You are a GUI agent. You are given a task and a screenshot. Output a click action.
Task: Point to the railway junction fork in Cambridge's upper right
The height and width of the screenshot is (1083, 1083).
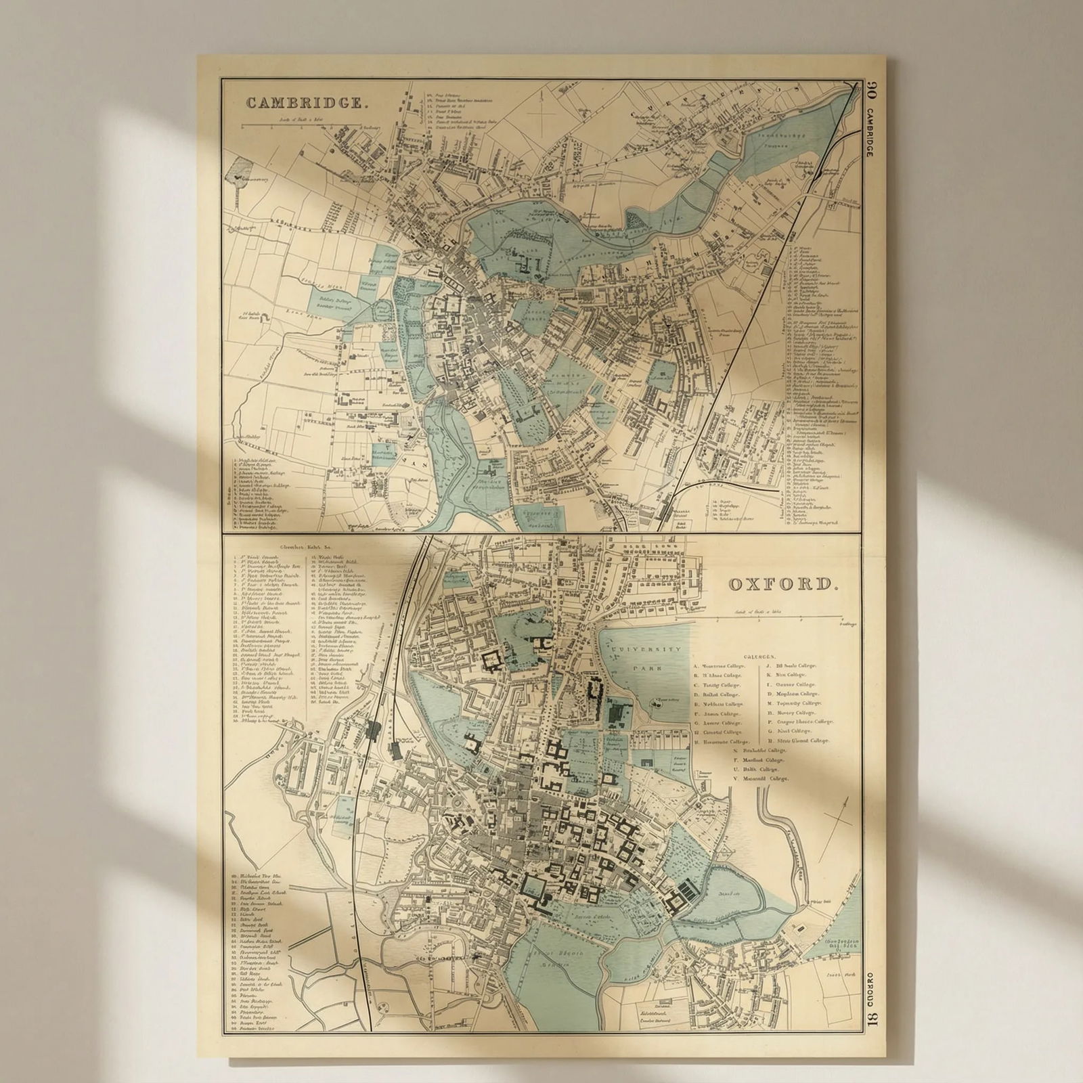point(820,173)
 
